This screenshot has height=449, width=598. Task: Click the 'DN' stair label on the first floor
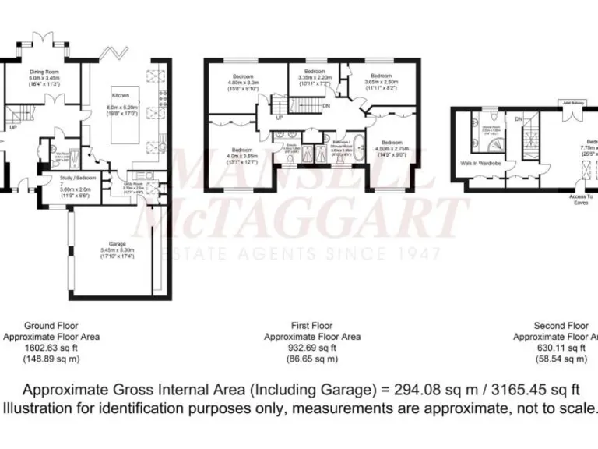[326, 106]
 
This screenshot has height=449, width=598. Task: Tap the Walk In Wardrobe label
[480, 162]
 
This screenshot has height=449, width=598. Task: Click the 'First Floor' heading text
[311, 325]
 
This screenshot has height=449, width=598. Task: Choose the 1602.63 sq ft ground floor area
[62, 348]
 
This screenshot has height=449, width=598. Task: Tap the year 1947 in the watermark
[422, 254]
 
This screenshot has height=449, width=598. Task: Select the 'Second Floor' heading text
[561, 325]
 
